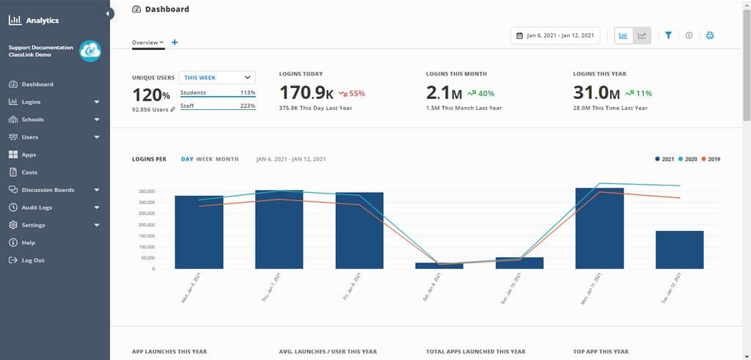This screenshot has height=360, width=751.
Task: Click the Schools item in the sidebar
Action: coord(32,120)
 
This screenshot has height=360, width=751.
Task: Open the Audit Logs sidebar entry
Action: coord(36,207)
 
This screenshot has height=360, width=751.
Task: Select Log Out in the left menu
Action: coord(32,260)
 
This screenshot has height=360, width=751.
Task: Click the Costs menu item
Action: coord(29,172)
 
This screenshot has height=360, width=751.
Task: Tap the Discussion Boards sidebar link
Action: coord(48,190)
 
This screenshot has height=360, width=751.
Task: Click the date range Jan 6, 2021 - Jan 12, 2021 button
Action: coord(555,35)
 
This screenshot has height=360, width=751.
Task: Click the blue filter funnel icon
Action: coord(668,35)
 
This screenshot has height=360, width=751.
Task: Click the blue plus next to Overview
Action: coord(175,43)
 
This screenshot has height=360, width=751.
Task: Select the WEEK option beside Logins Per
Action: coord(204,159)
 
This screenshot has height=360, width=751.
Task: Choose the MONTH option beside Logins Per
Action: coord(227,159)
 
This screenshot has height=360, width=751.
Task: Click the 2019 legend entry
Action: coord(711,159)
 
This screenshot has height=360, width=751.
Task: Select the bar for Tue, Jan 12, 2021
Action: coord(679,249)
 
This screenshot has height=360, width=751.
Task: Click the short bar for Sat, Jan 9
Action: coord(439,265)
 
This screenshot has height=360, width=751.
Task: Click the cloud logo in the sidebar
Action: coord(90,51)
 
